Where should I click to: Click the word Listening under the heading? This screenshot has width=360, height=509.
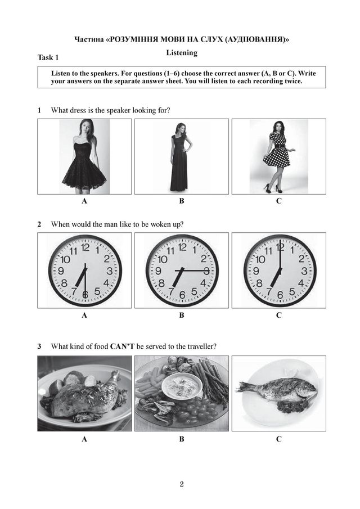(182, 53)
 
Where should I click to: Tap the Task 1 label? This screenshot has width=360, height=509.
(48, 57)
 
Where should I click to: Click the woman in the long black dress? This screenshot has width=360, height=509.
(180, 157)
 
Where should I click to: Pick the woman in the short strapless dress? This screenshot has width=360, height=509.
(84, 156)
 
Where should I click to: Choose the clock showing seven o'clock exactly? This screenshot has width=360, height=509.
(280, 271)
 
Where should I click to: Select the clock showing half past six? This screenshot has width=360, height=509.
(85, 271)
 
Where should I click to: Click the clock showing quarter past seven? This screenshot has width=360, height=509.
(182, 271)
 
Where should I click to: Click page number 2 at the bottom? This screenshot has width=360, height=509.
(182, 484)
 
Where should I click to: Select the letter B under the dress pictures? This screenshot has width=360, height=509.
(182, 201)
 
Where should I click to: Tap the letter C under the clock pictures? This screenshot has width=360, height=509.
(279, 315)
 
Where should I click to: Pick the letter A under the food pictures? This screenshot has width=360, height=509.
(84, 439)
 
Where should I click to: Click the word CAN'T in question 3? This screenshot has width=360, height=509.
(122, 346)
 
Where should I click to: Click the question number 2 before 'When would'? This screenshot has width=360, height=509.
(39, 224)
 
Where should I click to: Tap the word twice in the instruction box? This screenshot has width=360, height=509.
(294, 81)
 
